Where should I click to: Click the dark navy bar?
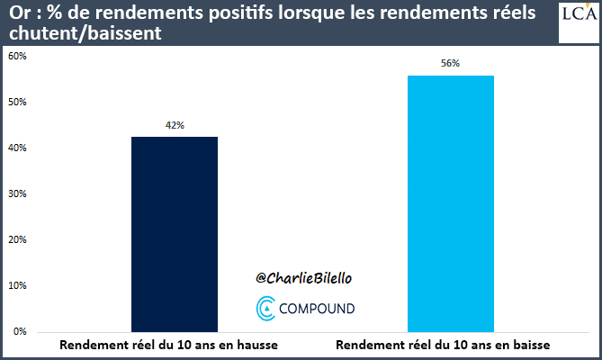click(175, 234)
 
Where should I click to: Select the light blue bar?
click(450, 203)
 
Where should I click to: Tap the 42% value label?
click(175, 125)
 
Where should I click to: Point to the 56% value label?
click(450, 63)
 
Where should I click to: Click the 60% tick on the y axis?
click(18, 56)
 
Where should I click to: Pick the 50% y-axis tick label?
click(18, 102)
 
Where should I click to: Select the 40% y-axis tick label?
click(18, 148)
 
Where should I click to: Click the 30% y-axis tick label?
click(18, 193)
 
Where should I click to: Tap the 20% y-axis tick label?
click(18, 239)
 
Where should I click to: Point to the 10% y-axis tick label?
click(18, 285)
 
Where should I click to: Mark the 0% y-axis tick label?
click(20, 331)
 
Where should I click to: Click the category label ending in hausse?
click(169, 346)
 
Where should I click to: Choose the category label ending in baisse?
click(442, 346)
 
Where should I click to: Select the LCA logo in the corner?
click(579, 20)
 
